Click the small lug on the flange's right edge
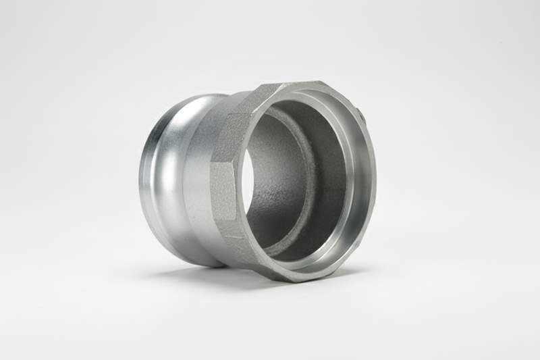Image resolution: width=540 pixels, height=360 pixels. coord(363,119)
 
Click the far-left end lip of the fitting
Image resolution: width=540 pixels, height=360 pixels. coord(142,179)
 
